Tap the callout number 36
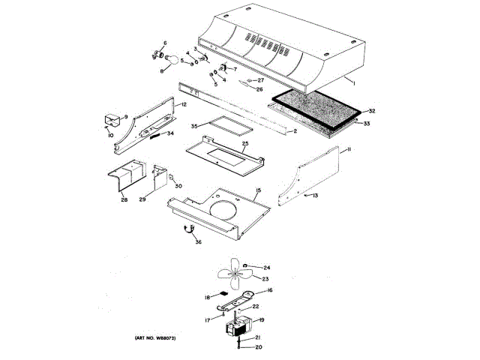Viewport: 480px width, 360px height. [x=198, y=241]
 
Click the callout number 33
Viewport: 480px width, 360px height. [x=367, y=123]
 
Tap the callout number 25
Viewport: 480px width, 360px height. [x=244, y=143]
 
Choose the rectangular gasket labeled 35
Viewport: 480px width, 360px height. [x=227, y=127]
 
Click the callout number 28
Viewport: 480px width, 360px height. [x=123, y=200]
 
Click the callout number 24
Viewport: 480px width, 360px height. [x=266, y=268]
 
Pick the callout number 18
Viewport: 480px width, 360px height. [x=206, y=298]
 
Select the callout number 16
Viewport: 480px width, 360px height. [x=269, y=289]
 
